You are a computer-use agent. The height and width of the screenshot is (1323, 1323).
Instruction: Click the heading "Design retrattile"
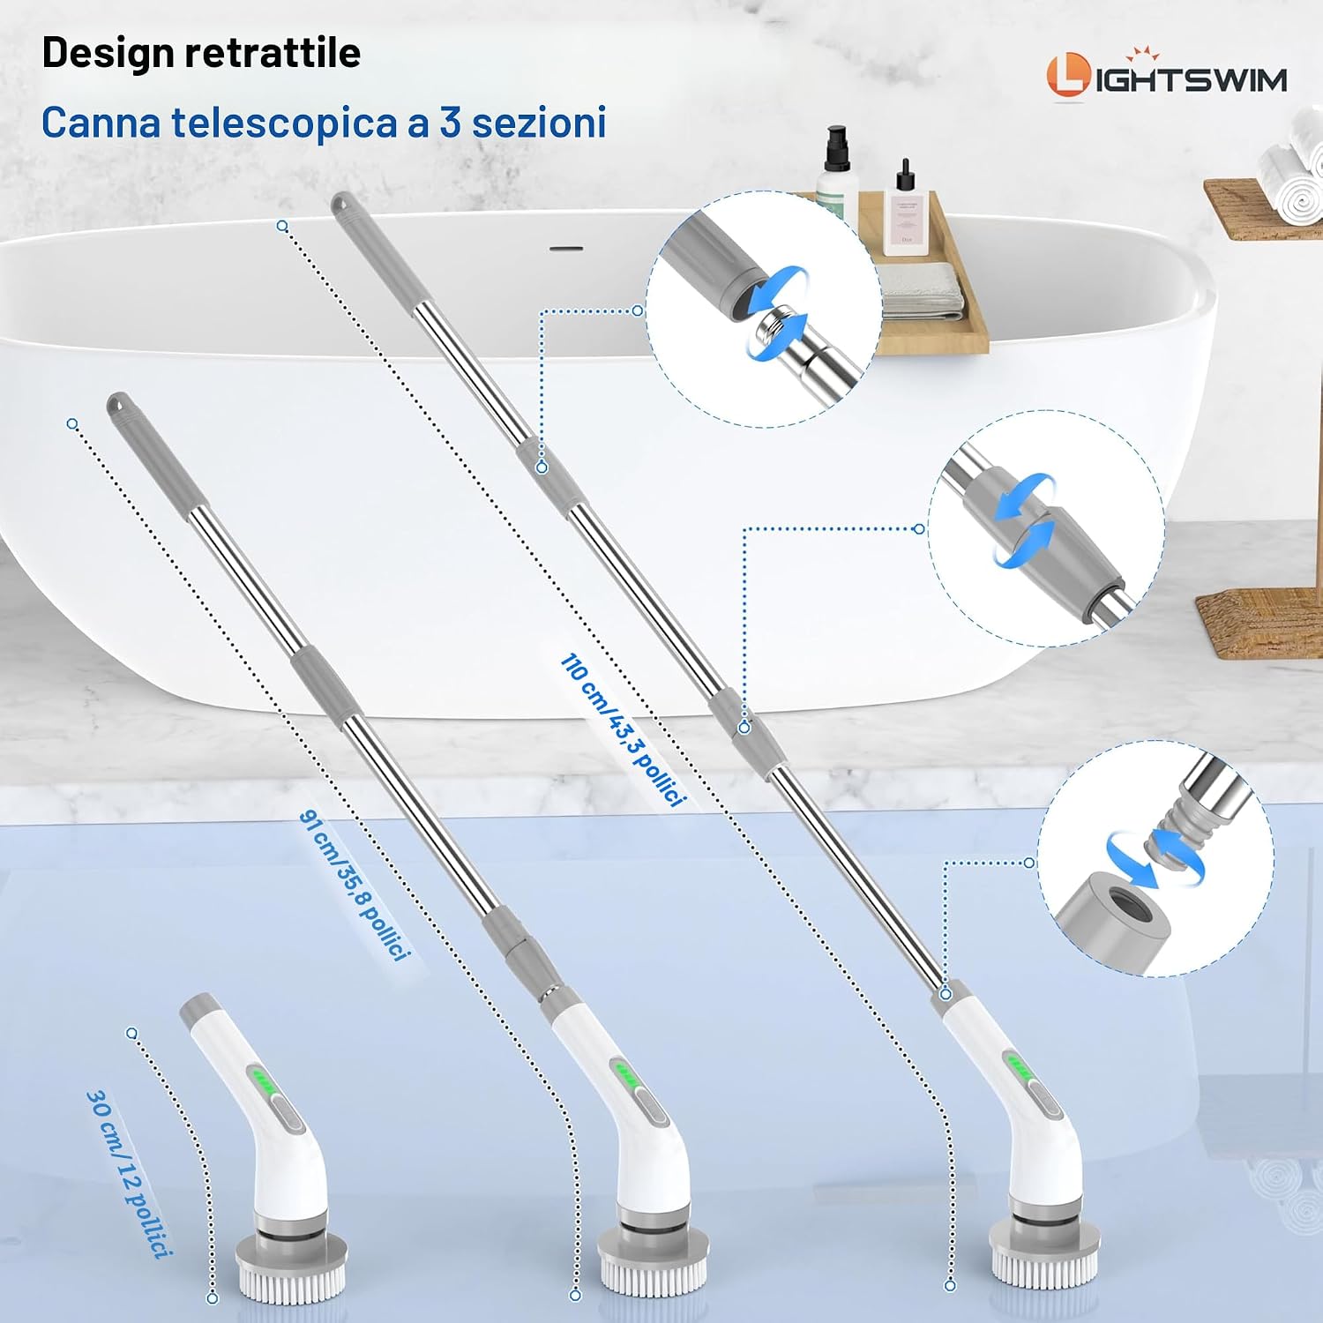(201, 53)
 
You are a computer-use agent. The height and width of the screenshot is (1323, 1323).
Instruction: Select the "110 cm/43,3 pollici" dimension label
(623, 730)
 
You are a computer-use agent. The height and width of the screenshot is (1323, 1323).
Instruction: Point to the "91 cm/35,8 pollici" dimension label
(355, 885)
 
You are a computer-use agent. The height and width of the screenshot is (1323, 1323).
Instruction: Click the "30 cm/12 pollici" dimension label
(129, 1173)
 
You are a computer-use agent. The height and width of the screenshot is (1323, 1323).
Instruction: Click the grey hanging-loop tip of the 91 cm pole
(119, 406)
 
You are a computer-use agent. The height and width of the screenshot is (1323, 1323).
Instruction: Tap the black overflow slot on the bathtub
(566, 249)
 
